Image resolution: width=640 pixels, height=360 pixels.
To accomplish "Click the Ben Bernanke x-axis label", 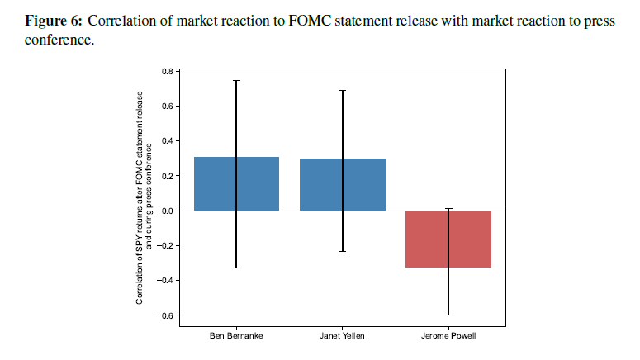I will coord(236,336).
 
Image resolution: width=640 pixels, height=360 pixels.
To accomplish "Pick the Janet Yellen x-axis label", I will coord(342,336).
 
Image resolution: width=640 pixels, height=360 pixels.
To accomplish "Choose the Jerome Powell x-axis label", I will coord(448,336).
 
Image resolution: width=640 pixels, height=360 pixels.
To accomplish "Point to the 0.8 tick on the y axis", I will coord(166,71).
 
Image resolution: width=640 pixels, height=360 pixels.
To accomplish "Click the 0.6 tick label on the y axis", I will coord(166,106).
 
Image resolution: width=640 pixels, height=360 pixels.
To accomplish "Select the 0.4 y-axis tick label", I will coord(166,140).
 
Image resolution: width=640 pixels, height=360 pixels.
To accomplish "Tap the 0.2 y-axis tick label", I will coord(166,176).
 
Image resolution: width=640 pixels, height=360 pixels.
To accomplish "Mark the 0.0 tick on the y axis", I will coord(166,211).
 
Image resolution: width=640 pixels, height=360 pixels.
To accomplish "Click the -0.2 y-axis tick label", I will coord(164,245).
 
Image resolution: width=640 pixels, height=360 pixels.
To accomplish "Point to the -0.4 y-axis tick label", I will coord(164,280).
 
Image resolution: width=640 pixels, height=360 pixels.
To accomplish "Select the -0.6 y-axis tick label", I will coord(164,315).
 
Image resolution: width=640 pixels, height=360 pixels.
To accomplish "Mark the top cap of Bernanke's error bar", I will coord(236,80).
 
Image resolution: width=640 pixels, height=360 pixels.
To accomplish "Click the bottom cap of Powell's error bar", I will coord(448,315).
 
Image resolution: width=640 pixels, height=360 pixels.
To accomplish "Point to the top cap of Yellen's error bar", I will coord(342,90).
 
